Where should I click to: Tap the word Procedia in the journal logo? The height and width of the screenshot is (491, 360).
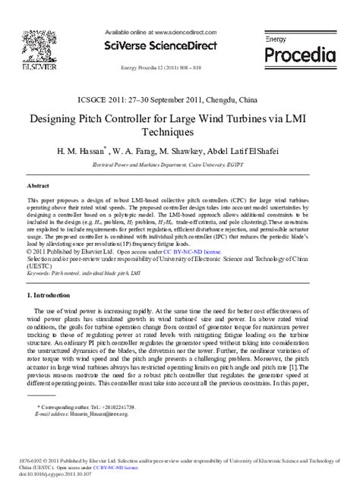[299, 55]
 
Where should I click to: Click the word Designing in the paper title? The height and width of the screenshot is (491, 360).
[56, 119]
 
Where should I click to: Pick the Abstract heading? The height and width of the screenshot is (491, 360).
[38, 184]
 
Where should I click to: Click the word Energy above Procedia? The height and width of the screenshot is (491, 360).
[276, 38]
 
